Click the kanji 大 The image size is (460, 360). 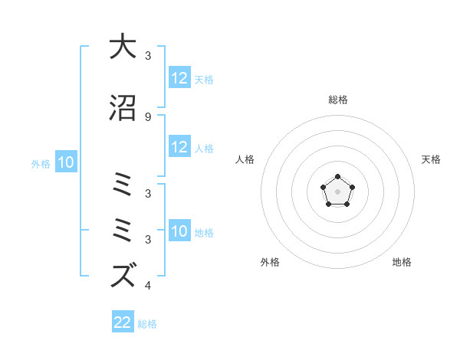123,47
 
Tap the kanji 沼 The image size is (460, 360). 123,110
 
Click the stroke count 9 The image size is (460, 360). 147,116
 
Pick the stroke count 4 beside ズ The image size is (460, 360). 147,286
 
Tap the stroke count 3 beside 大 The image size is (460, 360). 147,56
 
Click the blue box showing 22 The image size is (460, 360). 123,322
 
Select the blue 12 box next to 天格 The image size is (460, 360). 179,78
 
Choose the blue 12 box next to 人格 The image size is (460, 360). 179,147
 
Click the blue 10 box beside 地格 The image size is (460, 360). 179,231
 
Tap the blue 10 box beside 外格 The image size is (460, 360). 66,162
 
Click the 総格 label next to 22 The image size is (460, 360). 148,324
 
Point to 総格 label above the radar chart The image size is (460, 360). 338,100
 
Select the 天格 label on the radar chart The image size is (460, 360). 431,159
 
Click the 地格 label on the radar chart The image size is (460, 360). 402,262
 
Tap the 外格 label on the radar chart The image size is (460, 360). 270,262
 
